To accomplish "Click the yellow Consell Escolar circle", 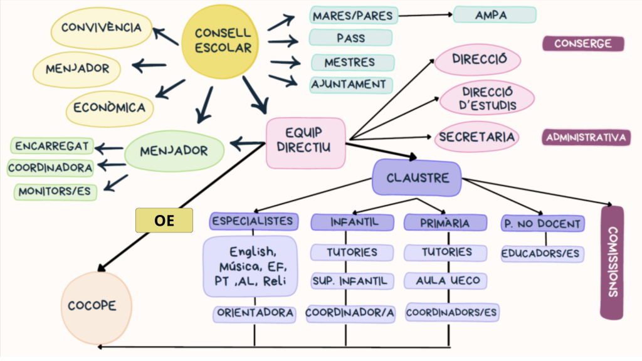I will tap(214, 41).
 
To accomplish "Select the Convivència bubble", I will tap(101, 29).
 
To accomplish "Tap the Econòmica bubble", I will tap(109, 108).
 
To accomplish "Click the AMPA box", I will tap(494, 14).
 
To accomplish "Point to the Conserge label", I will tap(583, 44).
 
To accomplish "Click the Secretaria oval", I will tap(477, 137).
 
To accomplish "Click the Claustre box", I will tap(417, 177).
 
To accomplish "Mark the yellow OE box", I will tap(164, 221).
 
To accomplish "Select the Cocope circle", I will tap(97, 306).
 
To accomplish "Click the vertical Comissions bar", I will tap(612, 262).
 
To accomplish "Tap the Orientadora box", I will tap(254, 313).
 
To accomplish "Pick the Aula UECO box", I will tap(448, 281).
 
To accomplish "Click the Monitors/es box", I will tap(55, 191).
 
